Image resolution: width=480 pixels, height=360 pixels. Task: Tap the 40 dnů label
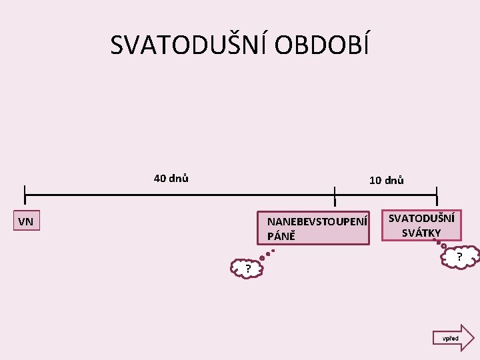(171, 178)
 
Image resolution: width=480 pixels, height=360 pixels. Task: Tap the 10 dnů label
(386, 180)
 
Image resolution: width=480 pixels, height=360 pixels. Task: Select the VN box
(27, 221)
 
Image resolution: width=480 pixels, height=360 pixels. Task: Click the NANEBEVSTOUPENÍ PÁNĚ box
(313, 229)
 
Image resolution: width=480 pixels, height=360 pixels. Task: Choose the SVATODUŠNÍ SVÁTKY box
(421, 225)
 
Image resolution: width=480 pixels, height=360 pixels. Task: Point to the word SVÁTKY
(421, 233)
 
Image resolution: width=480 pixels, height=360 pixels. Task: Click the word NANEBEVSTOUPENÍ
(317, 221)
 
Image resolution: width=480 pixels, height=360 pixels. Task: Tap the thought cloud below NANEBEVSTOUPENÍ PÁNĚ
(247, 269)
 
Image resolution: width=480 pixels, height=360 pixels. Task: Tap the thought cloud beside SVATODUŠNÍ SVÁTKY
(460, 257)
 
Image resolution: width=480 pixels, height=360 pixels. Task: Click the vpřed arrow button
(453, 338)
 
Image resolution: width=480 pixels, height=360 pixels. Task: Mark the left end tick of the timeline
(25, 195)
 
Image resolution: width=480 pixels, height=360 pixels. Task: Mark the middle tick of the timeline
(335, 195)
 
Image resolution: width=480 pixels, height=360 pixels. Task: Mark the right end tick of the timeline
(437, 195)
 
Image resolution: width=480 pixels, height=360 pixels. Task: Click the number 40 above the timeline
(160, 178)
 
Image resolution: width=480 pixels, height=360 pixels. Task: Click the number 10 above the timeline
(375, 180)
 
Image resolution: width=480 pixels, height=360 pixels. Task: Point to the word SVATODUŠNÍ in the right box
(421, 218)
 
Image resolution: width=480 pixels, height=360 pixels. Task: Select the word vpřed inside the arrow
(450, 339)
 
